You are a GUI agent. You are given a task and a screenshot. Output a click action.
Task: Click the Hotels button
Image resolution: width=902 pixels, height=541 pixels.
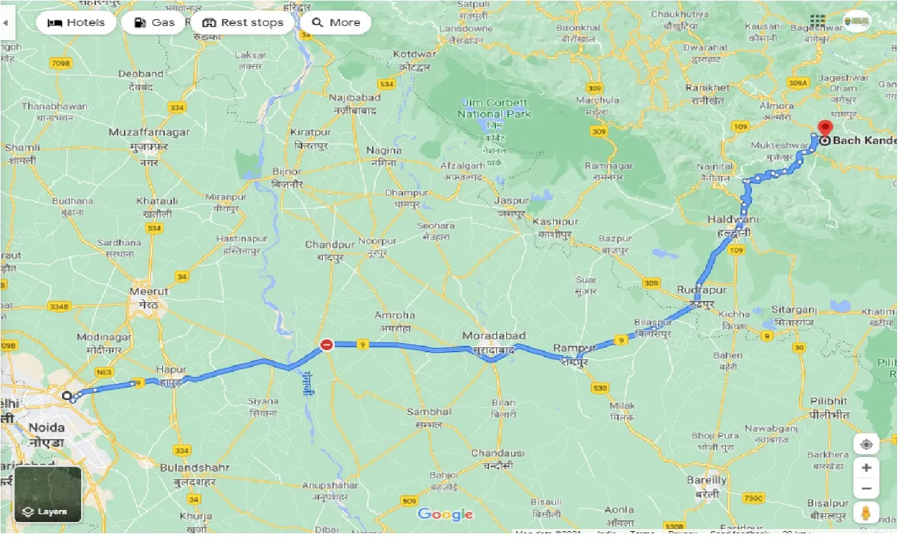pos(76,23)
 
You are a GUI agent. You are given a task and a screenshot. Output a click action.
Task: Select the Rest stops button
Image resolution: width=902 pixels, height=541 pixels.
pos(243,23)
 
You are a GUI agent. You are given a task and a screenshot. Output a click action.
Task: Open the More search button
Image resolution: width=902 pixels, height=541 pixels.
pos(336,23)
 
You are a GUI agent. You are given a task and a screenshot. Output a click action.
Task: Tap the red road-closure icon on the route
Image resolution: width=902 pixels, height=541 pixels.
pos(326,344)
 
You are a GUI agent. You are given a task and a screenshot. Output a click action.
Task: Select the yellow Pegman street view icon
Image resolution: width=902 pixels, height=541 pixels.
pos(866,513)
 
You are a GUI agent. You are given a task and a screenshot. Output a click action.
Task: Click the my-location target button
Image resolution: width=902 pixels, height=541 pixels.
pos(866,444)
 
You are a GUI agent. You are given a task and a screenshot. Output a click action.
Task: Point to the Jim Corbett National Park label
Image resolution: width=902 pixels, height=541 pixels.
pos(495,108)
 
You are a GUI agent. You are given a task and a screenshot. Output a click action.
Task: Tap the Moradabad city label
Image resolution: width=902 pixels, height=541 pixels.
pos(494,336)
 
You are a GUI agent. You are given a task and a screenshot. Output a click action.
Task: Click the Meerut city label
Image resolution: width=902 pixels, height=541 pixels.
pos(149,291)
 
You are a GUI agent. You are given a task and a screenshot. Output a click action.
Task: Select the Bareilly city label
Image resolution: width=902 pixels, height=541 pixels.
pos(706,480)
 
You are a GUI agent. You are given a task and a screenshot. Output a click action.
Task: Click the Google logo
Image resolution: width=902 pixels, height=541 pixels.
pos(445,514)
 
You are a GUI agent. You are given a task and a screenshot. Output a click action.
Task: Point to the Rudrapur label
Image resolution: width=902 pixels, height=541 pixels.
pos(696,290)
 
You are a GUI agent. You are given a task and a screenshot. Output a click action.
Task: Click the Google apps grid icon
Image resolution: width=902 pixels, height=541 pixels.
pos(817,22)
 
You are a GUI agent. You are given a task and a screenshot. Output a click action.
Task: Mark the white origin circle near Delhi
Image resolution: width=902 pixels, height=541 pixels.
pos(67,396)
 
